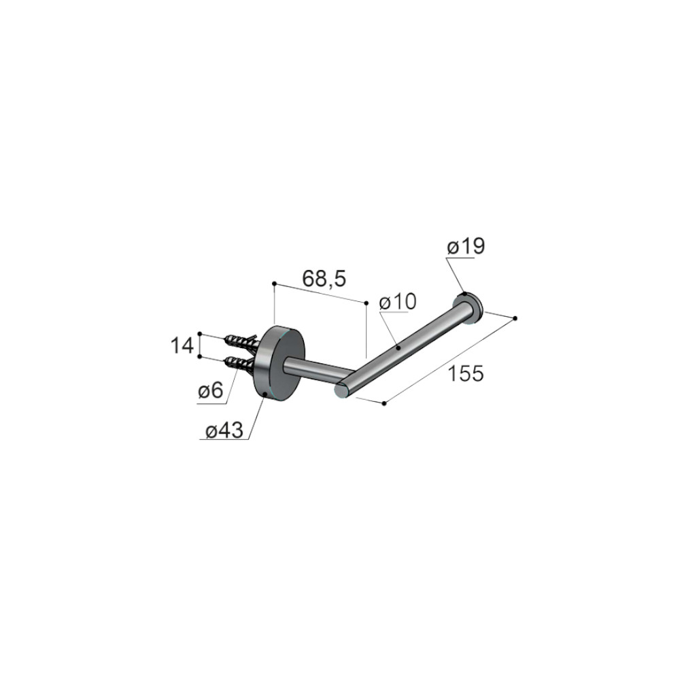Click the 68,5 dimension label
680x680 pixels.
[x=324, y=278]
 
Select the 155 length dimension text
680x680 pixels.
[x=465, y=373]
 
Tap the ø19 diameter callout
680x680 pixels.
[x=466, y=247]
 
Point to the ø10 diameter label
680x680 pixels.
[x=398, y=301]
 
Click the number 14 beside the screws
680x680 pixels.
[x=182, y=346]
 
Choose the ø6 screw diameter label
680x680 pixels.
[x=210, y=391]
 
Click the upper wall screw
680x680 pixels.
[x=241, y=341]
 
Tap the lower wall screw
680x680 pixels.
[x=240, y=364]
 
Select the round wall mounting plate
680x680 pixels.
[x=279, y=364]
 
